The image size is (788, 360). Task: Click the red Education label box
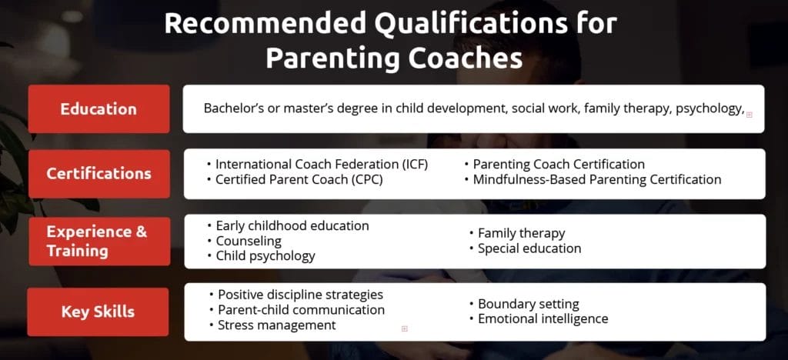(98, 108)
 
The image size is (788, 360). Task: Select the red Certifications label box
(98, 173)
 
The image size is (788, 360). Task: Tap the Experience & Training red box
(98, 241)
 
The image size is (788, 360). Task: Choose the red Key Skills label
(98, 312)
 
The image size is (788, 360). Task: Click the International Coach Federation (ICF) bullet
(321, 164)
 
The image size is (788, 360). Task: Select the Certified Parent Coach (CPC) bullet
(299, 179)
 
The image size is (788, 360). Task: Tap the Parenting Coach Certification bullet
(558, 164)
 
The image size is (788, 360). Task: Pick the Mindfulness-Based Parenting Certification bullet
(596, 179)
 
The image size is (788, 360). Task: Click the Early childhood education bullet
(292, 225)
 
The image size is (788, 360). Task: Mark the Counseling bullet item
(249, 241)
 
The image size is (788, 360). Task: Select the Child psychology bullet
(265, 255)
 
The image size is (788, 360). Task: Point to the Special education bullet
(529, 248)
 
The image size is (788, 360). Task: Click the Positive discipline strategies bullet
(300, 295)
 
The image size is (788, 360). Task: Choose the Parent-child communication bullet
(301, 310)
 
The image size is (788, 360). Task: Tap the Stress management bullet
(276, 325)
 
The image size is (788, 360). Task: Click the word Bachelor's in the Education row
(233, 108)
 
